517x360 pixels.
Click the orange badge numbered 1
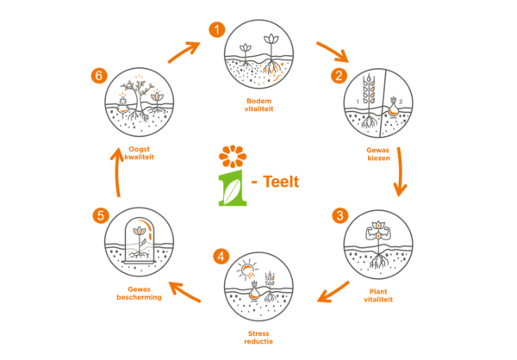[x=216, y=29]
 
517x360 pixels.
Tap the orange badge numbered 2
[x=339, y=75]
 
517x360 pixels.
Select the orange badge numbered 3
[x=340, y=215]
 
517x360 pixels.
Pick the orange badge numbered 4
[x=221, y=257]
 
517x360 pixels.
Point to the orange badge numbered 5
[x=101, y=215]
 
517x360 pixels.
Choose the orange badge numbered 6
[x=98, y=76]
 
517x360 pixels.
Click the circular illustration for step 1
[x=258, y=54]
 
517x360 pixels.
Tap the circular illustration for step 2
[x=377, y=103]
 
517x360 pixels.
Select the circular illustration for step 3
[x=377, y=245]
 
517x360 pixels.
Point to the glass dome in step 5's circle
[x=139, y=237]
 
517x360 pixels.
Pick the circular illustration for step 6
[x=139, y=102]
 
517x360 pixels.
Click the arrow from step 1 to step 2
[x=332, y=51]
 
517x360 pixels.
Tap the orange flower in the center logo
[x=232, y=157]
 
